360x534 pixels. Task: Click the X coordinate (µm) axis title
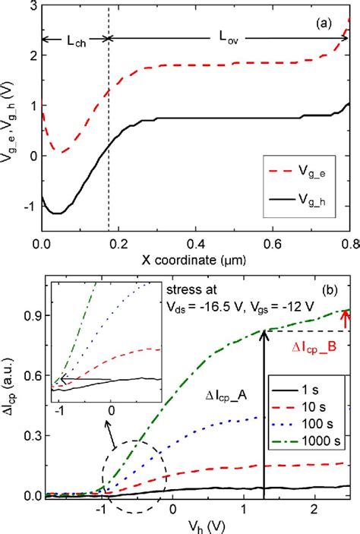[194, 262]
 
